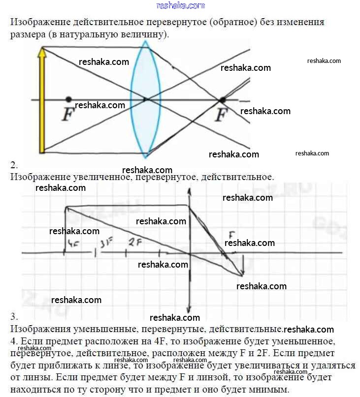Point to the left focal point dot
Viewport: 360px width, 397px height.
coord(68,99)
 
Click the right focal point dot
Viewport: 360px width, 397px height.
coord(222,100)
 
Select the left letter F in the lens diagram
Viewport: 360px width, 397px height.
coord(67,115)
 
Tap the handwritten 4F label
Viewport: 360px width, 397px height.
coord(74,243)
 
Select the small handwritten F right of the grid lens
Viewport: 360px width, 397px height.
coord(232,235)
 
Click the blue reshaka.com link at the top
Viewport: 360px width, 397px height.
coord(180,5)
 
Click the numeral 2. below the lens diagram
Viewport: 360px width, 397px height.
coord(14,165)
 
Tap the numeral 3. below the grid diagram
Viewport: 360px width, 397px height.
coord(14,316)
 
